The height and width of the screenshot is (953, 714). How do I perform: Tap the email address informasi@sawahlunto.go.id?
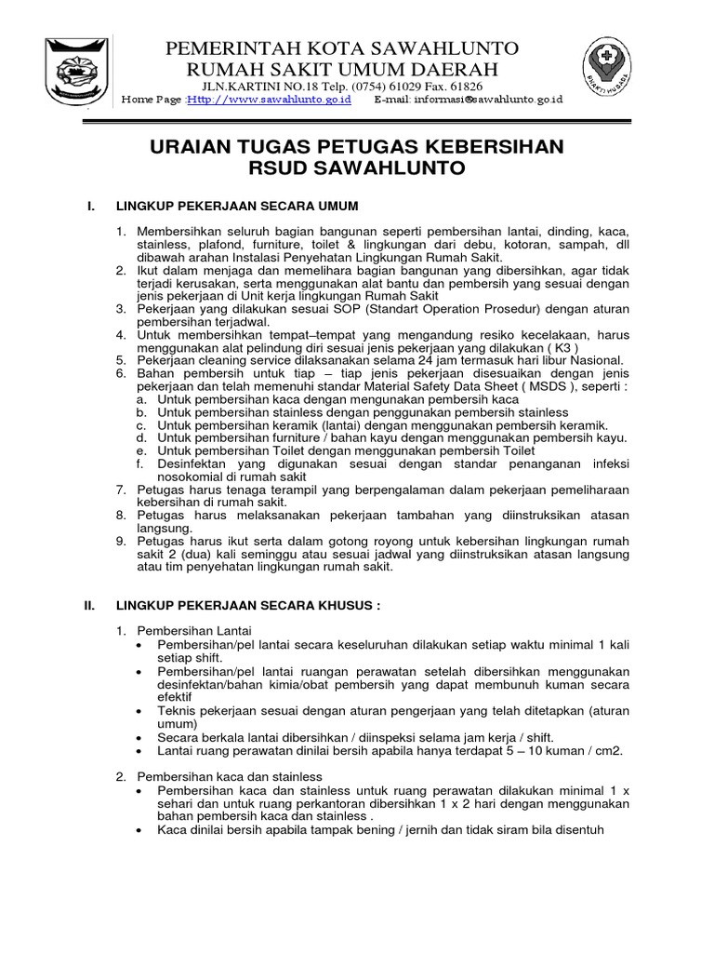tap(480, 101)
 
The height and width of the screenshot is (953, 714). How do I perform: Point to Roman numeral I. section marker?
tap(90, 205)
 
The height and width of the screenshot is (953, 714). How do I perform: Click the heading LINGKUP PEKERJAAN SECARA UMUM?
tap(236, 205)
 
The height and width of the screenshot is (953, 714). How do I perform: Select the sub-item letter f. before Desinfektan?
tap(139, 463)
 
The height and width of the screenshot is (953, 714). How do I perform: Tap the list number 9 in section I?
tap(121, 540)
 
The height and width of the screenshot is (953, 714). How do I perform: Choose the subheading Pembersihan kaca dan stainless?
tap(230, 776)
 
